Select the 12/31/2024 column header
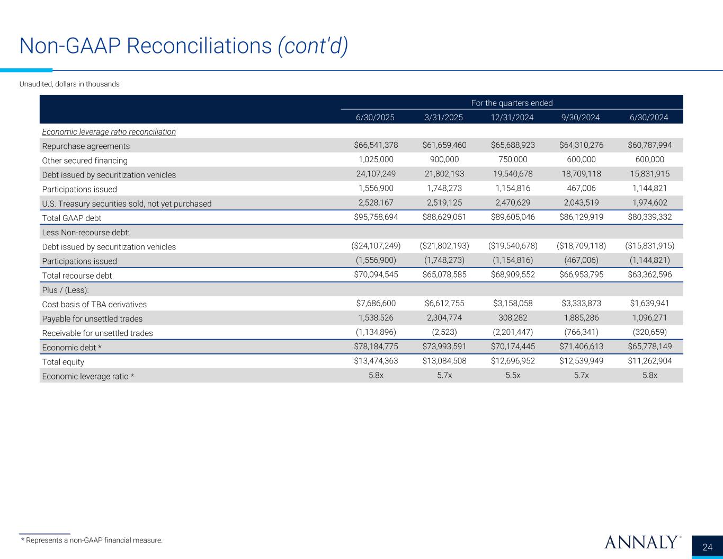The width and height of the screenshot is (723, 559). (x=513, y=117)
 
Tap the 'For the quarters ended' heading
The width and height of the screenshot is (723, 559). (x=512, y=103)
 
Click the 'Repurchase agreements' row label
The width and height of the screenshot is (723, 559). (x=86, y=146)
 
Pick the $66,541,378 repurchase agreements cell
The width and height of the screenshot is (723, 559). (x=376, y=145)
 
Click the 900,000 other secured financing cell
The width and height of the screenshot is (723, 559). (x=444, y=159)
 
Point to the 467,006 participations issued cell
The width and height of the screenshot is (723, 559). (x=582, y=189)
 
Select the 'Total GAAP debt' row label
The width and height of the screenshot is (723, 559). (x=72, y=218)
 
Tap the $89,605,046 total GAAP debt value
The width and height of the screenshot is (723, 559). (x=513, y=217)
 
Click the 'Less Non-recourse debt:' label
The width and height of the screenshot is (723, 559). (x=86, y=232)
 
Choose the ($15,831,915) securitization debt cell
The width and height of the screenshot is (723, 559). (x=650, y=246)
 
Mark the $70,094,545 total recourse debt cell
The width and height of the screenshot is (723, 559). (x=376, y=275)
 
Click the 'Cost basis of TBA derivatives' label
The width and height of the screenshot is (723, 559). (x=94, y=304)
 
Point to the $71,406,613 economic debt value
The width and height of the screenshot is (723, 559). (x=582, y=347)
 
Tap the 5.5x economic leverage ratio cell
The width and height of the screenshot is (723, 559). (x=513, y=375)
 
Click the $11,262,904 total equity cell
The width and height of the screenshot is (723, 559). (x=650, y=361)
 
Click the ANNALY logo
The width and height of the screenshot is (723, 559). (x=641, y=542)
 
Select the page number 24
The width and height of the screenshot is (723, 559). (x=707, y=547)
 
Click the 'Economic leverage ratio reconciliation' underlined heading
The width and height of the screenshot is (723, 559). (x=109, y=131)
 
